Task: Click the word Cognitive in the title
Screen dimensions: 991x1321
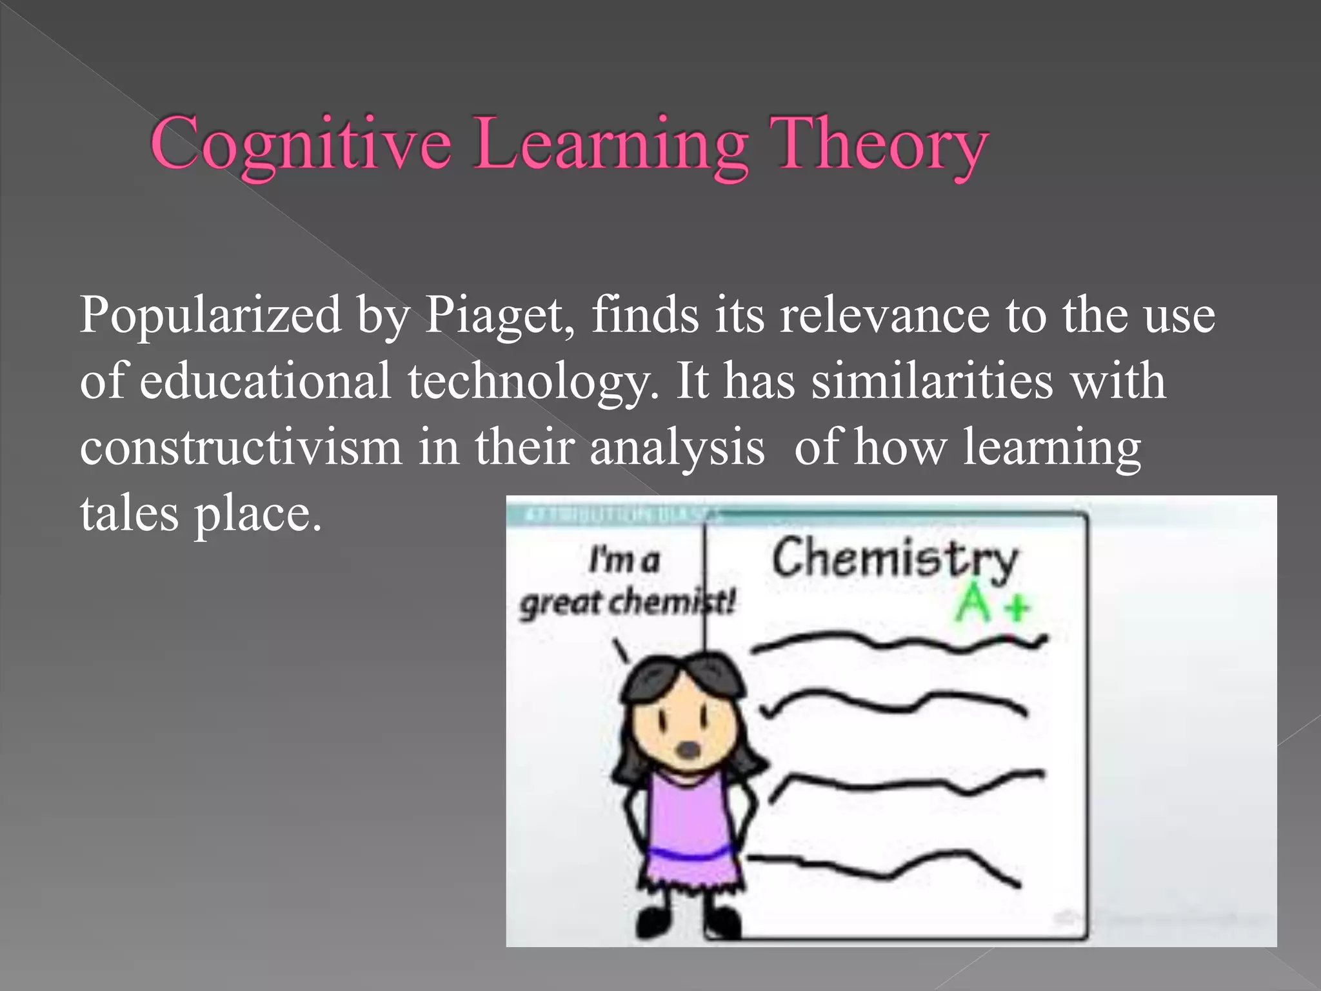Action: pos(301,145)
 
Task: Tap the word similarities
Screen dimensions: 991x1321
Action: pos(931,381)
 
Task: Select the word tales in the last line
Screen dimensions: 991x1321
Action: pos(129,514)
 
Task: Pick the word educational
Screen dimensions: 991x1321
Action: pos(265,381)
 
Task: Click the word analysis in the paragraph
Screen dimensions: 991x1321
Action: pos(677,447)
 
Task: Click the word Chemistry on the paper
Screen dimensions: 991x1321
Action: pos(895,558)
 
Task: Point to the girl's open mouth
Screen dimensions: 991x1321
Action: pos(688,750)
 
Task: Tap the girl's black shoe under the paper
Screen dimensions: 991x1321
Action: pos(722,922)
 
